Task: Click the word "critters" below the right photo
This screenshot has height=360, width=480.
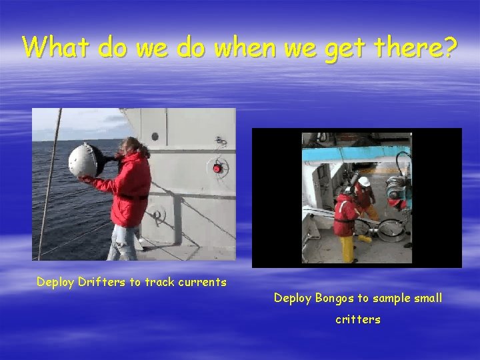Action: pos(357,319)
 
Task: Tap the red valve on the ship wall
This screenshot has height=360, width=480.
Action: pos(217,168)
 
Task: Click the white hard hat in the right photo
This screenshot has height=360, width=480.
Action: pos(364,181)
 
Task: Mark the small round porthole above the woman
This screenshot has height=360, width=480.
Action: pos(155,137)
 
